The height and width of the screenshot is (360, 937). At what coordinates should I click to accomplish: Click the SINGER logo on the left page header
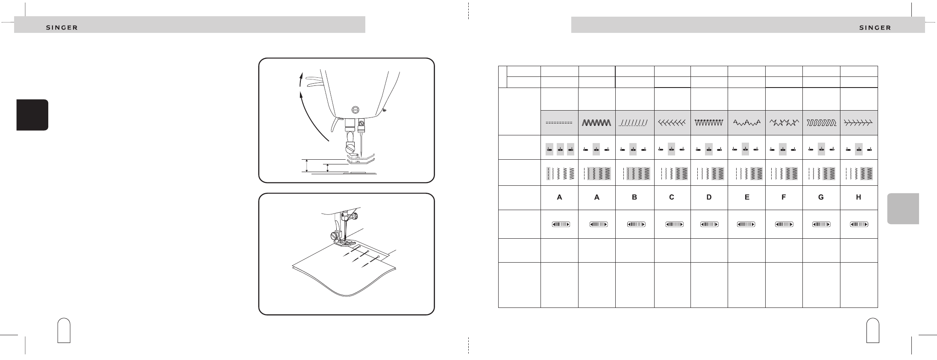tap(62, 28)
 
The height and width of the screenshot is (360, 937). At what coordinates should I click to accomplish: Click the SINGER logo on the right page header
tap(875, 28)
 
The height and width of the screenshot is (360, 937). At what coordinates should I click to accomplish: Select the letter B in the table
tap(634, 197)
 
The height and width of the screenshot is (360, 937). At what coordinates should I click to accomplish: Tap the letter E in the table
tap(746, 197)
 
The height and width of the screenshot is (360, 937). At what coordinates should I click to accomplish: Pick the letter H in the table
tap(859, 197)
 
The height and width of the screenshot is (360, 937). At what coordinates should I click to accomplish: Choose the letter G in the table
tap(821, 197)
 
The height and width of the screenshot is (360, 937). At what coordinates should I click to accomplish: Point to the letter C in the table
tap(672, 197)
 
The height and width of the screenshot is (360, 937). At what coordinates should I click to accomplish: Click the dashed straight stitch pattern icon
tap(559, 123)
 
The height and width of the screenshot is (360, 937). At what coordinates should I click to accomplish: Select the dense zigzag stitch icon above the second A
tap(597, 123)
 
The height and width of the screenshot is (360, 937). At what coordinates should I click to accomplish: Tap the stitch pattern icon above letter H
tap(859, 123)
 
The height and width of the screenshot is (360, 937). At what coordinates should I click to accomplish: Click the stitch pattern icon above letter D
tap(709, 123)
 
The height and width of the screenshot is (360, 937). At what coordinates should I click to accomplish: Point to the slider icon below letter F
tap(784, 224)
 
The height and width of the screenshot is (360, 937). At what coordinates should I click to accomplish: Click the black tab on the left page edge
tap(32, 115)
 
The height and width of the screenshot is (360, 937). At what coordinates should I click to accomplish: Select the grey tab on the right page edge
tap(903, 208)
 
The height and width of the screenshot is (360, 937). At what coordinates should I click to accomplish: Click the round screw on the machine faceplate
tap(354, 108)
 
